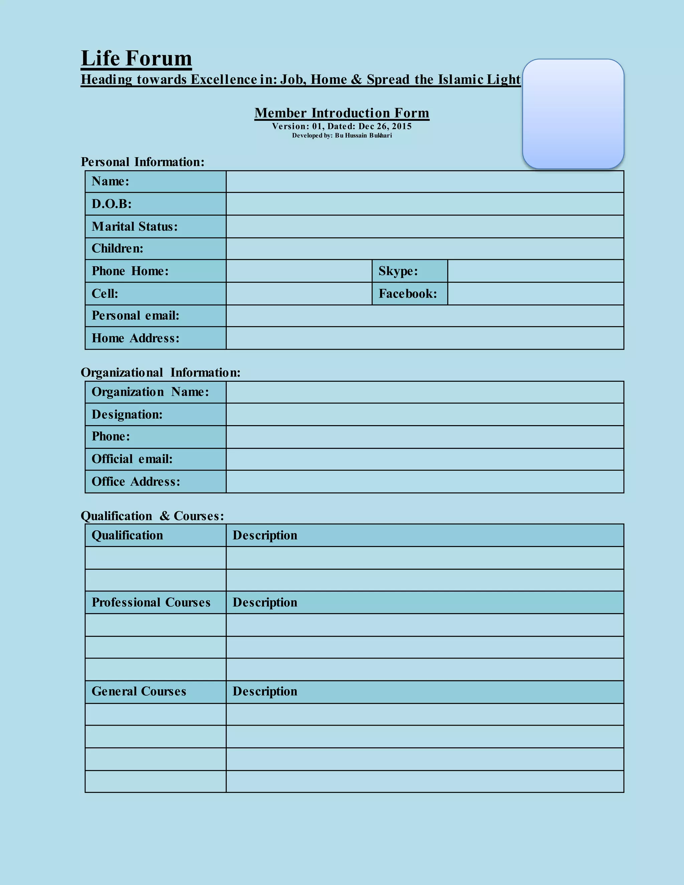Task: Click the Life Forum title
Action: pyautogui.click(x=136, y=58)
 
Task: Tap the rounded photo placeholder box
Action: pyautogui.click(x=573, y=114)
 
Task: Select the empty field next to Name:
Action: pyautogui.click(x=425, y=182)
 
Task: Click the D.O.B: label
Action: pyautogui.click(x=112, y=204)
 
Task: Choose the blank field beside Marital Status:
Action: pyautogui.click(x=425, y=226)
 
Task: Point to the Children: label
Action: pyautogui.click(x=118, y=248)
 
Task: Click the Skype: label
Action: pyautogui.click(x=398, y=271)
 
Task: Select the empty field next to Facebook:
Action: pyautogui.click(x=535, y=294)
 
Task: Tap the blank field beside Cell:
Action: pyautogui.click(x=299, y=294)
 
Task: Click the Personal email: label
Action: pyautogui.click(x=135, y=316)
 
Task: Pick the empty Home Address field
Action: pyautogui.click(x=425, y=338)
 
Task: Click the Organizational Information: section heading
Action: pyautogui.click(x=160, y=372)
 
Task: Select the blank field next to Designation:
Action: pyautogui.click(x=425, y=414)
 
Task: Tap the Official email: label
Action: pyautogui.click(x=132, y=459)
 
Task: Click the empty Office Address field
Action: pyautogui.click(x=425, y=482)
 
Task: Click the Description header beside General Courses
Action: pyautogui.click(x=265, y=691)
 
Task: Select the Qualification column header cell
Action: pyautogui.click(x=127, y=535)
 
